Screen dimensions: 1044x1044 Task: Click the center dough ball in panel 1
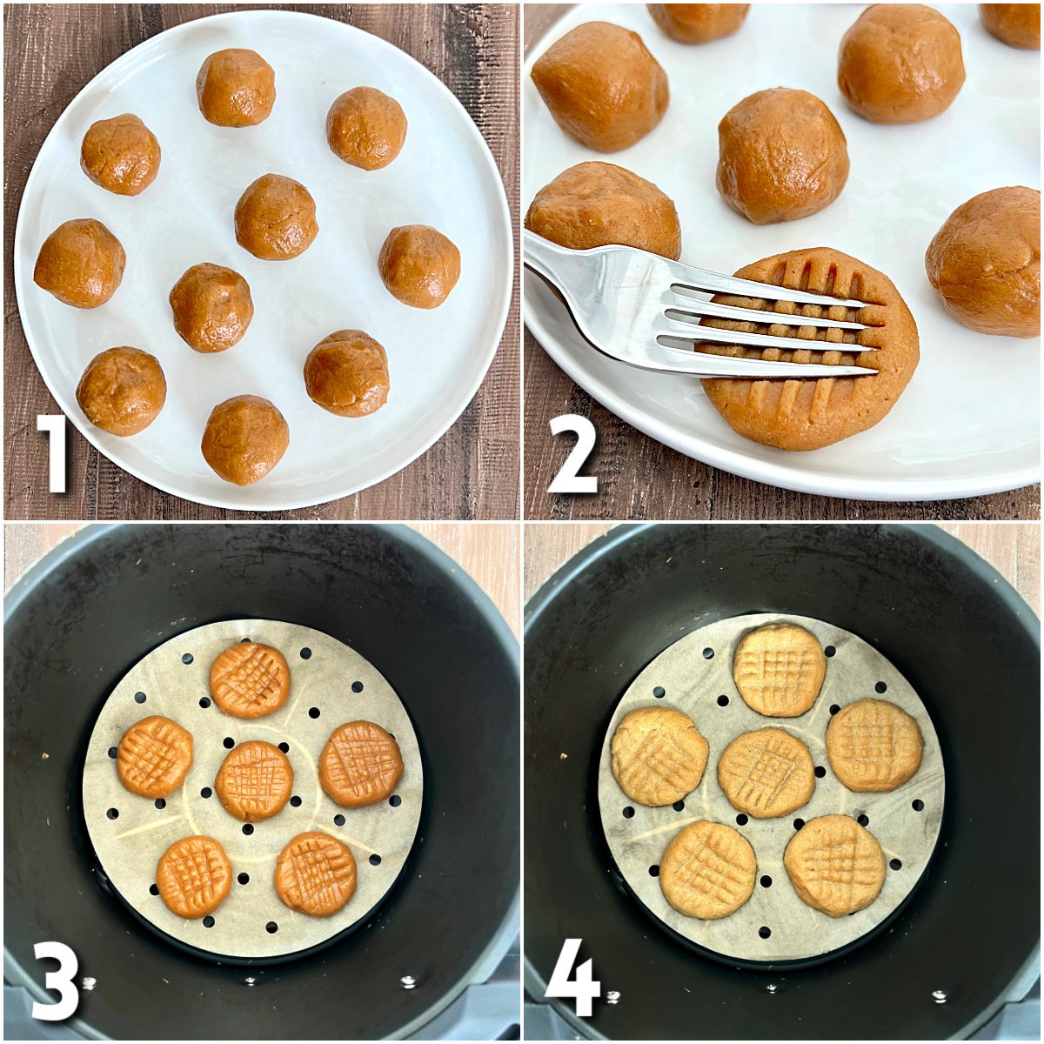pos(276,217)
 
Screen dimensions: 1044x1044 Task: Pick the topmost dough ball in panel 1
pos(236,87)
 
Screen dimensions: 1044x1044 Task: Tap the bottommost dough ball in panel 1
pos(244,439)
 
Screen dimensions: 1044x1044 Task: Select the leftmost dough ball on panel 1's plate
pos(79,263)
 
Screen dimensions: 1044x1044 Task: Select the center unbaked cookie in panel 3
pos(254,780)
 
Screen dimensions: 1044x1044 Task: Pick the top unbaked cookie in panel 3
pos(250,679)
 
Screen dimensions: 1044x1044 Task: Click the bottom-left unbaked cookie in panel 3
pos(194,876)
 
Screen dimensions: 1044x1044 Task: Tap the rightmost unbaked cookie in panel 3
pos(361,764)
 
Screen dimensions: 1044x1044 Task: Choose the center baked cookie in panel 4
pos(766,773)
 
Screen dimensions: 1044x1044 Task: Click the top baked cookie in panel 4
pos(779,670)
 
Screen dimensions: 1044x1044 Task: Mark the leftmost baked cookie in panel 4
pos(659,756)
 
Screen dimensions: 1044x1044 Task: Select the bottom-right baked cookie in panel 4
pos(834,865)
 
